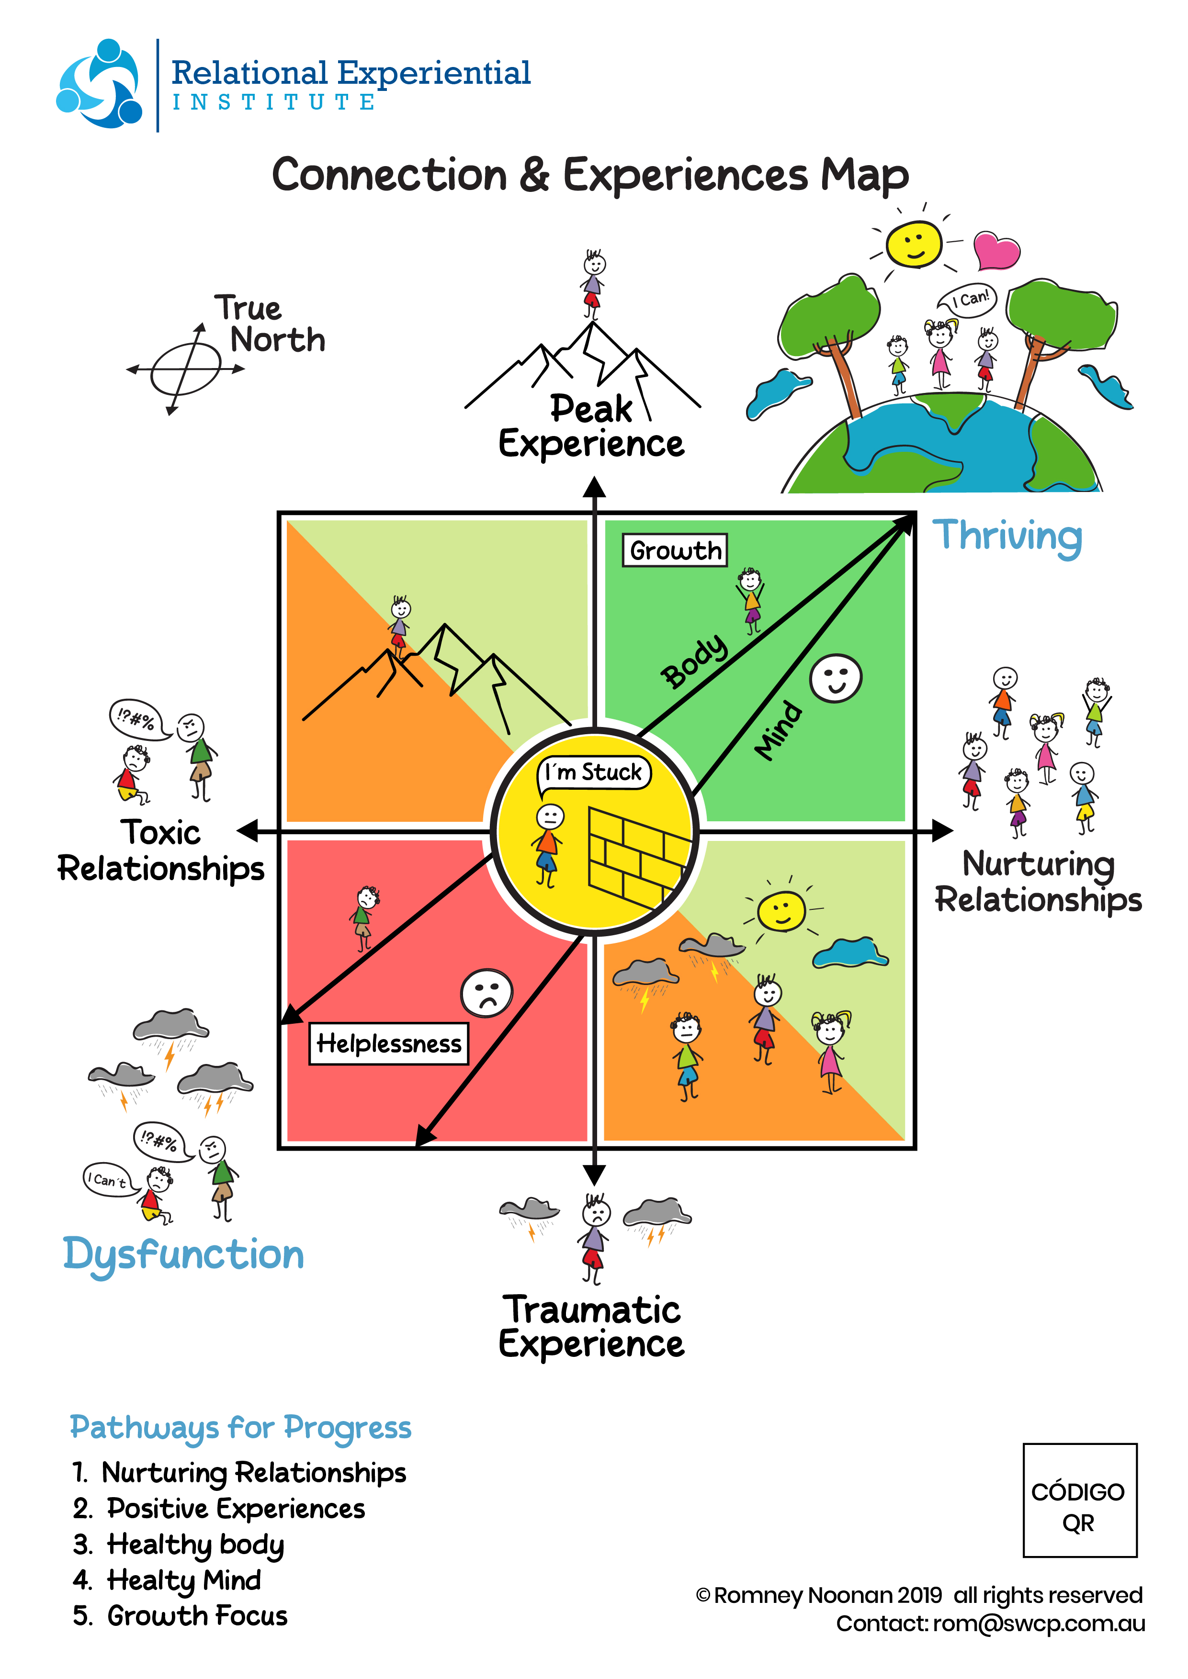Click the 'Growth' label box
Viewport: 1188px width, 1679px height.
675,550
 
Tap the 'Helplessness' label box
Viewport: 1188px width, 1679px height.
388,1043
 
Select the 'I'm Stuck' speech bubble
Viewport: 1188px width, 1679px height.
593,772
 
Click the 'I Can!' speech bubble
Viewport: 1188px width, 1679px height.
969,299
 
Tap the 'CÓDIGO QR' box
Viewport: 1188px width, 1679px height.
1079,1500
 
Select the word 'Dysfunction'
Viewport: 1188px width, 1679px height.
183,1255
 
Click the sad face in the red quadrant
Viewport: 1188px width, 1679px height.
487,992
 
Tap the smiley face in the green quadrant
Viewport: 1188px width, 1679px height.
836,678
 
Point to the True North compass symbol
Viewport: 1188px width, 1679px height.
186,369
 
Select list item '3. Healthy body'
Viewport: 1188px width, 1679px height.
179,1544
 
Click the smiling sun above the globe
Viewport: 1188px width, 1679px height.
913,244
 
